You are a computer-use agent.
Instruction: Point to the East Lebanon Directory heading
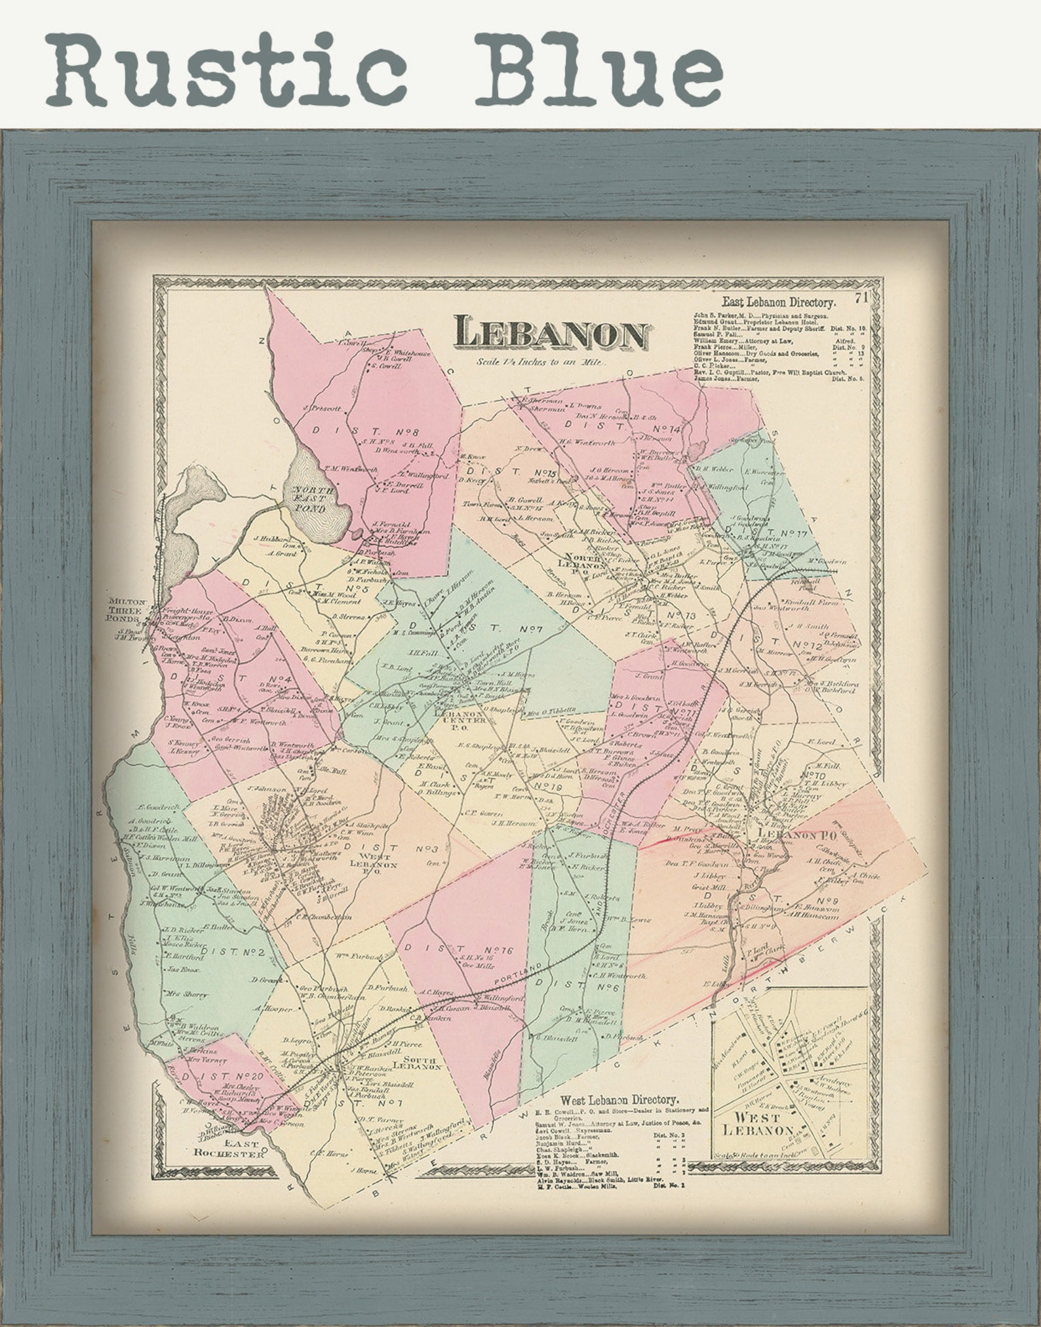[x=779, y=304]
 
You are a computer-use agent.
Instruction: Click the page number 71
[x=861, y=299]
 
